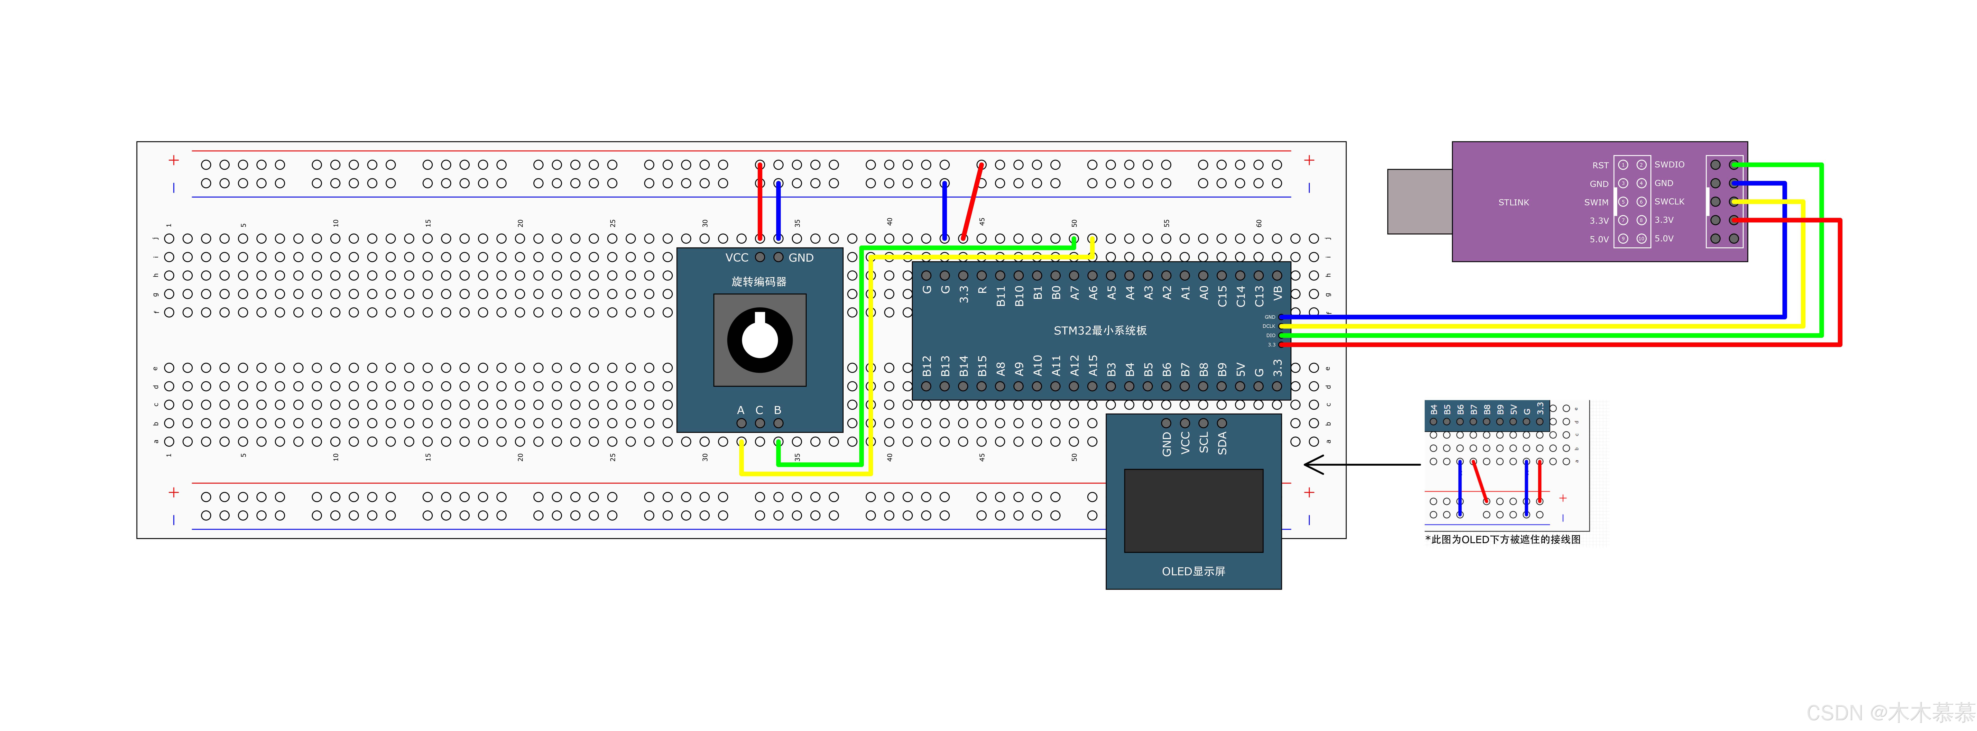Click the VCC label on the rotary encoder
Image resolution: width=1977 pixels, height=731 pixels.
[x=736, y=258]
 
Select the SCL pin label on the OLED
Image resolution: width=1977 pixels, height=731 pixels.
[x=1203, y=443]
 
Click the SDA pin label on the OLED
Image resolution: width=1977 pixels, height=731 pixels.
[x=1222, y=443]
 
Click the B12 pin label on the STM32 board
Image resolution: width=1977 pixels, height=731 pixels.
[x=926, y=366]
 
